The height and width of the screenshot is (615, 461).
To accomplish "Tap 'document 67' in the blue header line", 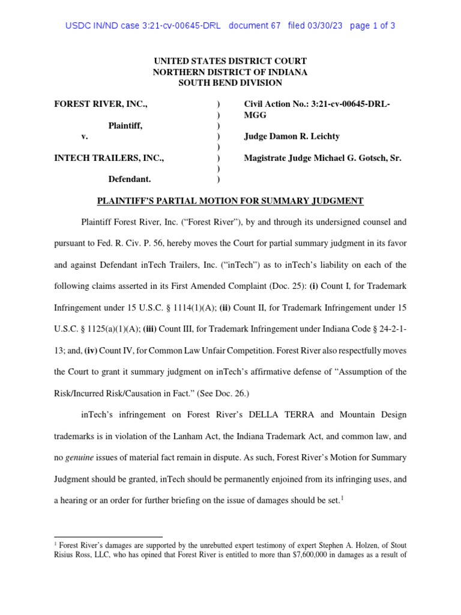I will [x=255, y=26].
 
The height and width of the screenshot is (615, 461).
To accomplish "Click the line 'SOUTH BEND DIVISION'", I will [x=230, y=83].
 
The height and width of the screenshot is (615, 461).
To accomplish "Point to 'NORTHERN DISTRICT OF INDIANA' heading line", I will [x=230, y=72].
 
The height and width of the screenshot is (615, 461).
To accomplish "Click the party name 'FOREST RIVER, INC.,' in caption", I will [x=101, y=104].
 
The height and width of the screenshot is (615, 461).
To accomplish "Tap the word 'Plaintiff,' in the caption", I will [x=125, y=126].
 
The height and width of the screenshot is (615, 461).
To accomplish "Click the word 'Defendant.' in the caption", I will [x=129, y=179].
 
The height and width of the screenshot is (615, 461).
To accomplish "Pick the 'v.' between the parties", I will [x=85, y=136].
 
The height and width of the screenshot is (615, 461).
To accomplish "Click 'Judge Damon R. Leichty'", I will [x=292, y=136].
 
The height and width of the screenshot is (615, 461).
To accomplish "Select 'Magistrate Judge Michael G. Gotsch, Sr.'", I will [x=323, y=158].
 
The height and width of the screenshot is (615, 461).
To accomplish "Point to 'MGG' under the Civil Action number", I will [x=256, y=115].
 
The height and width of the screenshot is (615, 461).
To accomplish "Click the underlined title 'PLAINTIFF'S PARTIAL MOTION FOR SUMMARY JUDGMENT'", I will [x=230, y=201].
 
